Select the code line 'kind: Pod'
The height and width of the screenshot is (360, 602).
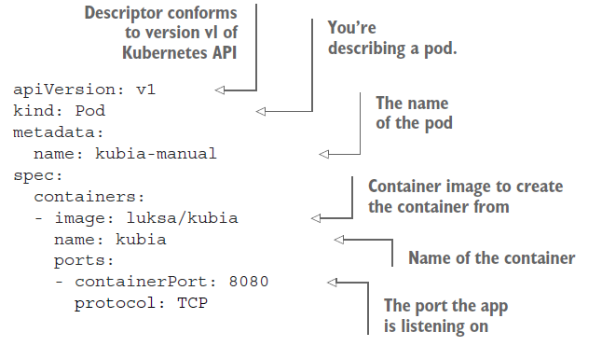coord(60,111)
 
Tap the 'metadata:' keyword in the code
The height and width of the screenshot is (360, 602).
coord(60,132)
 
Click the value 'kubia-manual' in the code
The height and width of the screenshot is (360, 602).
coord(156,154)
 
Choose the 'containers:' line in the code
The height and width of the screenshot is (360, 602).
coord(90,197)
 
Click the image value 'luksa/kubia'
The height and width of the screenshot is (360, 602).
coord(182,218)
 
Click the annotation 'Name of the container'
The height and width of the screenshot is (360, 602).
coord(491,257)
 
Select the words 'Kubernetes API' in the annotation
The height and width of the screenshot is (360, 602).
coord(177,52)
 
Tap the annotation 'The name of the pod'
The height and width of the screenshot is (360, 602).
coord(411,112)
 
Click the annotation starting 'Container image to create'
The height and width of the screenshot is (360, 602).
coord(465,196)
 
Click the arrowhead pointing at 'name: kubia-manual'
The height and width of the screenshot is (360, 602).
coord(324,154)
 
